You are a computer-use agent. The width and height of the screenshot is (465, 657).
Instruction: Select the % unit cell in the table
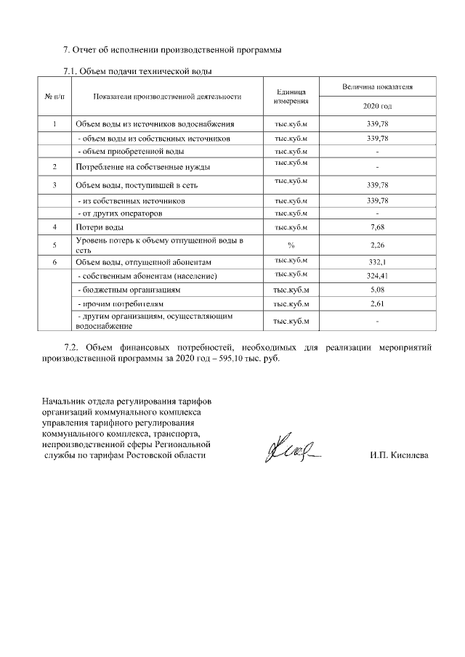(x=291, y=245)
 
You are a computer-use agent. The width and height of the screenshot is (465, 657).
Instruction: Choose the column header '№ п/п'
(x=54, y=96)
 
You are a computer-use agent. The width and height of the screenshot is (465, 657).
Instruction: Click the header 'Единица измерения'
(x=291, y=97)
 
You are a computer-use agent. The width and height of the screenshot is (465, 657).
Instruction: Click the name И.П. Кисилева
(x=399, y=455)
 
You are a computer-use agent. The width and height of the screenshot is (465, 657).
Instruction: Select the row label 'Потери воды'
(x=94, y=228)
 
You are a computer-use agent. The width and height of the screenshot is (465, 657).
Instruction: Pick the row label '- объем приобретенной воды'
(x=131, y=151)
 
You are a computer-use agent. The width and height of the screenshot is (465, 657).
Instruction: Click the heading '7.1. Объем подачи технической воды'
(x=138, y=71)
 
